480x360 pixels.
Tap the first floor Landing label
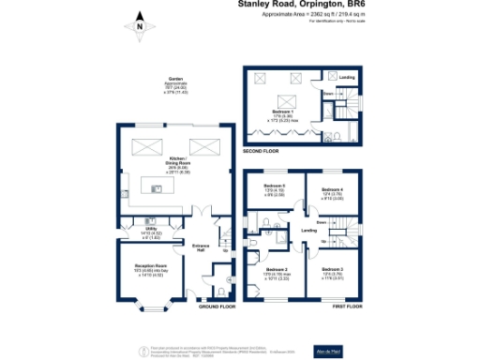click(x=307, y=231)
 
